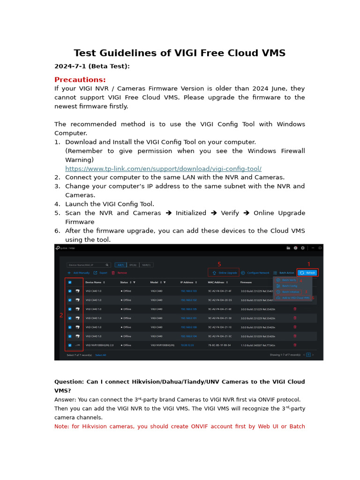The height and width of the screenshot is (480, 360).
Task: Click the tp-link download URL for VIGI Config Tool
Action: pos(163,169)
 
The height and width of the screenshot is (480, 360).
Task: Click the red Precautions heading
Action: pos(80,80)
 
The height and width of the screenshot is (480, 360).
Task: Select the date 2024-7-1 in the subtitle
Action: pos(70,66)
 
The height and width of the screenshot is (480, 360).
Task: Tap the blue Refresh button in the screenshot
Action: pos(308,272)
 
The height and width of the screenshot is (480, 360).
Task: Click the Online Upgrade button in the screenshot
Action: pos(225,272)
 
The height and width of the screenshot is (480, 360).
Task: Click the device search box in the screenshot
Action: pos(89,265)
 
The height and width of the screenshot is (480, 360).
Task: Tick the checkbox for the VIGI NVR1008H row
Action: pos(70,345)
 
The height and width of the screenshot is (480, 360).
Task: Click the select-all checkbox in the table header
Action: pos(70,282)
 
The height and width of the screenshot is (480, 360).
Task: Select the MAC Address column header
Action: pos(217,282)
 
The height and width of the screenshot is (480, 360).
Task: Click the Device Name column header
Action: pos(95,282)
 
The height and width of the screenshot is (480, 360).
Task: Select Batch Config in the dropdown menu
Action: pos(289,285)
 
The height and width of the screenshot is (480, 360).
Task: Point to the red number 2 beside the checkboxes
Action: pos(61,315)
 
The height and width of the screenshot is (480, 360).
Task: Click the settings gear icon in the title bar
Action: pos(303,247)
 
